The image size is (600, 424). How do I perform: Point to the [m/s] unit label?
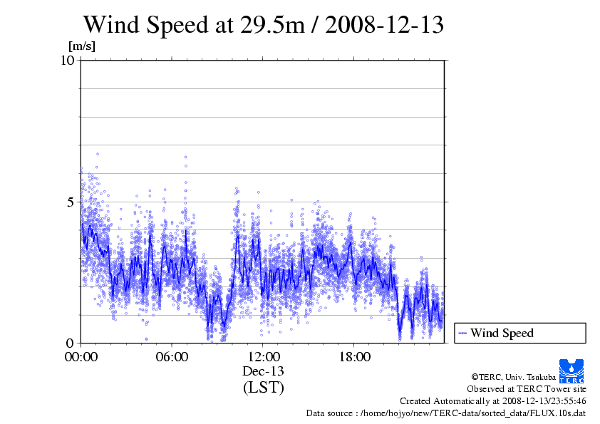[x=81, y=46]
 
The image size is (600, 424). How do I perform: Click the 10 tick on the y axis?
[x=68, y=60]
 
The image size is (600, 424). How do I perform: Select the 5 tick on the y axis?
[x=71, y=202]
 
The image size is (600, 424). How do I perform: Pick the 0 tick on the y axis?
[x=71, y=343]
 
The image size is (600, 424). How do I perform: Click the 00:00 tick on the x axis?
[x=81, y=356]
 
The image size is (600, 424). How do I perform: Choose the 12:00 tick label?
[x=263, y=356]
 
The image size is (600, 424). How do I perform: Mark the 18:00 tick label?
[x=354, y=356]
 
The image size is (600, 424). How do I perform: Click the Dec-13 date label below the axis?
[x=263, y=371]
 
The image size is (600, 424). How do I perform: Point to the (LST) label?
[x=263, y=388]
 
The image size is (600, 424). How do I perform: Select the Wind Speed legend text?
[x=502, y=333]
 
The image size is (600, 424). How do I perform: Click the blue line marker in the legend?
[x=462, y=333]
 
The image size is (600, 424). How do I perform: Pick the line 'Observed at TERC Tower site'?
[x=527, y=389]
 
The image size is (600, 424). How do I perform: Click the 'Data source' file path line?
[x=446, y=413]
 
